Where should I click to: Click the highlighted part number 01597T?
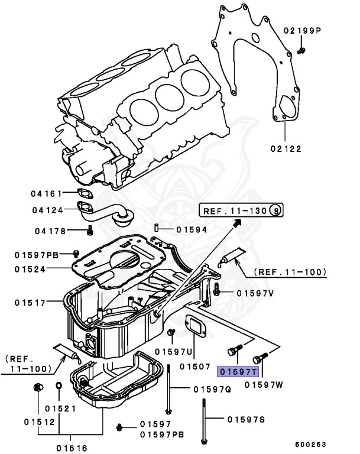coord(238,372)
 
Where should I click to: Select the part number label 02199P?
coord(319,30)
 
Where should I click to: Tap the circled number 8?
coord(275,210)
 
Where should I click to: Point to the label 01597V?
coord(255,293)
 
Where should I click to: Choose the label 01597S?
coord(246,419)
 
